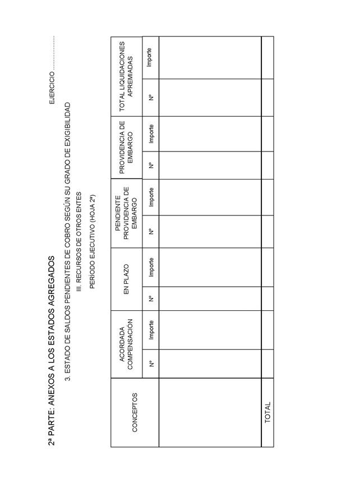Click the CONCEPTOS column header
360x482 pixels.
[x=134, y=412]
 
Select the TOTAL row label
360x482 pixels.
[x=267, y=412]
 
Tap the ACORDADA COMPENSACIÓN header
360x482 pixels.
[x=126, y=344]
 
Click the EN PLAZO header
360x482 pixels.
[x=126, y=279]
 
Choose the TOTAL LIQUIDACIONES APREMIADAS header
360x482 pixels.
[x=126, y=77]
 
